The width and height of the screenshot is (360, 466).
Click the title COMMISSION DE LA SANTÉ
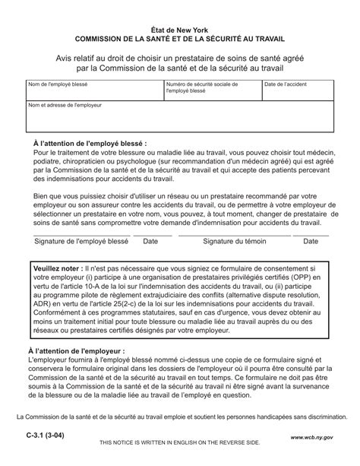click(181, 39)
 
